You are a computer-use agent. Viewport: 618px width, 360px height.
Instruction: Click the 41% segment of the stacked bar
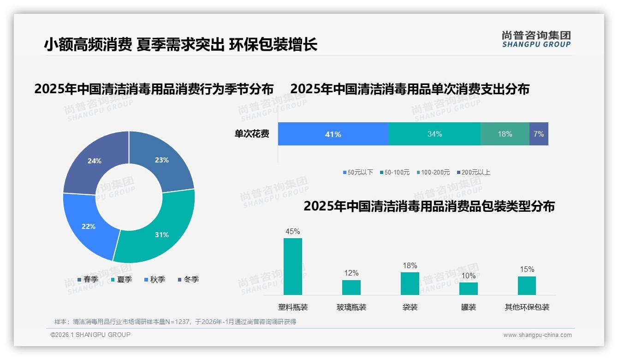[333, 134]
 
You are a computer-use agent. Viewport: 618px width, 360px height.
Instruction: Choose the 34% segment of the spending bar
[434, 134]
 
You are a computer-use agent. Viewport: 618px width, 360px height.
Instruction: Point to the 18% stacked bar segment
[505, 134]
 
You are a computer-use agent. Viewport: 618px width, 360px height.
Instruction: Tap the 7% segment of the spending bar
[539, 134]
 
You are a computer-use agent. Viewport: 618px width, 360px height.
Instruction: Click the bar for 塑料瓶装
[293, 266]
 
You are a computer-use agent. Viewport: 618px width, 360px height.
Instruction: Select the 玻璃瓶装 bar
[351, 287]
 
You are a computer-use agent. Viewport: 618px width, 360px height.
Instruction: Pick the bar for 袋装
[410, 283]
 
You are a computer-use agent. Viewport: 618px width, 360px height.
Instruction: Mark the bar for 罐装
[469, 288]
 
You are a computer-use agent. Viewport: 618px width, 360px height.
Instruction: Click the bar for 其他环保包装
[527, 285]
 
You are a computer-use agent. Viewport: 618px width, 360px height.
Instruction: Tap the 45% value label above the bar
[293, 232]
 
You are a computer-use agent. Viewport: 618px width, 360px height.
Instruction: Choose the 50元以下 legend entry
[358, 173]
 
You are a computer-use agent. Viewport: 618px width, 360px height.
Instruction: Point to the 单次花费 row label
[252, 134]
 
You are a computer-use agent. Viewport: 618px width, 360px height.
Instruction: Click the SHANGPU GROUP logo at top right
[536, 39]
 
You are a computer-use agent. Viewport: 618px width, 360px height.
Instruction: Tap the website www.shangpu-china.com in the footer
[537, 335]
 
